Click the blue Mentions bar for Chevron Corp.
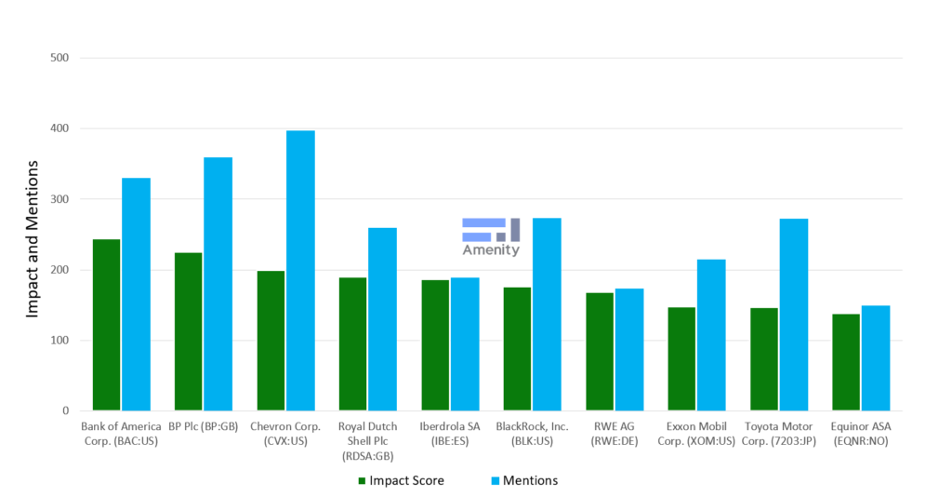tap(300, 270)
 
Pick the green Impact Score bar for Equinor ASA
tap(845, 362)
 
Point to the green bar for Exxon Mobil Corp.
tap(681, 358)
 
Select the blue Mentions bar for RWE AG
tap(628, 349)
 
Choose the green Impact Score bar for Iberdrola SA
tap(435, 344)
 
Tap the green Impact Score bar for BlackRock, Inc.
tap(517, 349)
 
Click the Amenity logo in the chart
tap(491, 237)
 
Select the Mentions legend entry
tap(525, 480)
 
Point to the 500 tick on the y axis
tap(60, 58)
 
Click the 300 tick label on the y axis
tap(60, 199)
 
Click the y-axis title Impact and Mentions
tap(32, 238)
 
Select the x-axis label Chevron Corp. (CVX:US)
tap(286, 434)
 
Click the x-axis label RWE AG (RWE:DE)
tap(615, 434)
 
